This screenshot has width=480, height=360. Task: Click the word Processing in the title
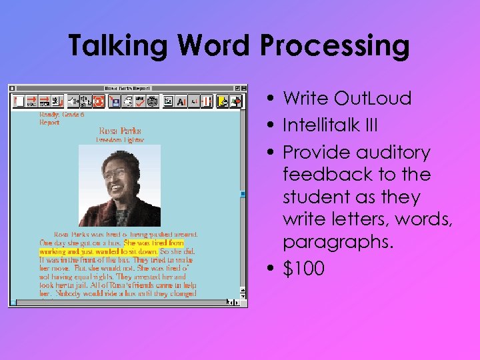point(334,45)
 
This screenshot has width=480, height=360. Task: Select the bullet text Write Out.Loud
point(347,99)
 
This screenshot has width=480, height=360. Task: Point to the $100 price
point(304,269)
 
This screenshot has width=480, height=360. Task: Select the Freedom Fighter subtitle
point(120,140)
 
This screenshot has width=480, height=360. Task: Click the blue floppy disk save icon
point(114,101)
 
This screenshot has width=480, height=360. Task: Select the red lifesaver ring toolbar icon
point(98,101)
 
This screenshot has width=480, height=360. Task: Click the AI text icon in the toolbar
point(181,101)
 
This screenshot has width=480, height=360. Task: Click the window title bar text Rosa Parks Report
point(127,88)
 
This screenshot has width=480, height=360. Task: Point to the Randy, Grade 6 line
point(61,115)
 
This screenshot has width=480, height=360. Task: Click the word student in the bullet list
point(313,197)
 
